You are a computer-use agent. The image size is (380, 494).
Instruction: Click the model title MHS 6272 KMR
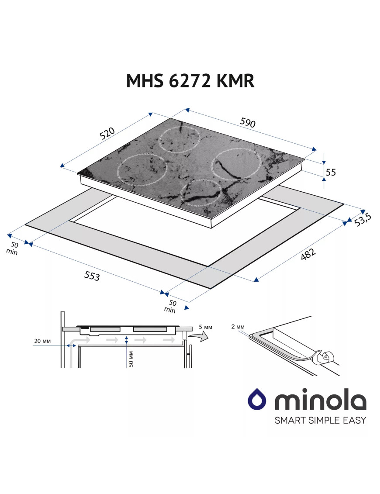click(x=190, y=81)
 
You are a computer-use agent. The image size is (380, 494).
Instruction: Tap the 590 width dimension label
click(x=248, y=122)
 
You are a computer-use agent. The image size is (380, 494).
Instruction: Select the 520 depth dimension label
click(x=107, y=133)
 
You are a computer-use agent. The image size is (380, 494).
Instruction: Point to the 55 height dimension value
click(x=331, y=172)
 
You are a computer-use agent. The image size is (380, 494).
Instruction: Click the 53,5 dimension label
click(x=363, y=220)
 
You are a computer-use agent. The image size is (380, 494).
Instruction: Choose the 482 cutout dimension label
click(x=307, y=254)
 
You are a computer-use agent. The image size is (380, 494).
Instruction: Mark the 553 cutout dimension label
click(x=92, y=276)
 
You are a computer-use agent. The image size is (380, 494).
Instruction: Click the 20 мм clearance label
click(x=42, y=341)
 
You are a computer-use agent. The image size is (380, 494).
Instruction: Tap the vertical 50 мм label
click(x=131, y=359)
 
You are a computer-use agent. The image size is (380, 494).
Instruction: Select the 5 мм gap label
click(x=205, y=327)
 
